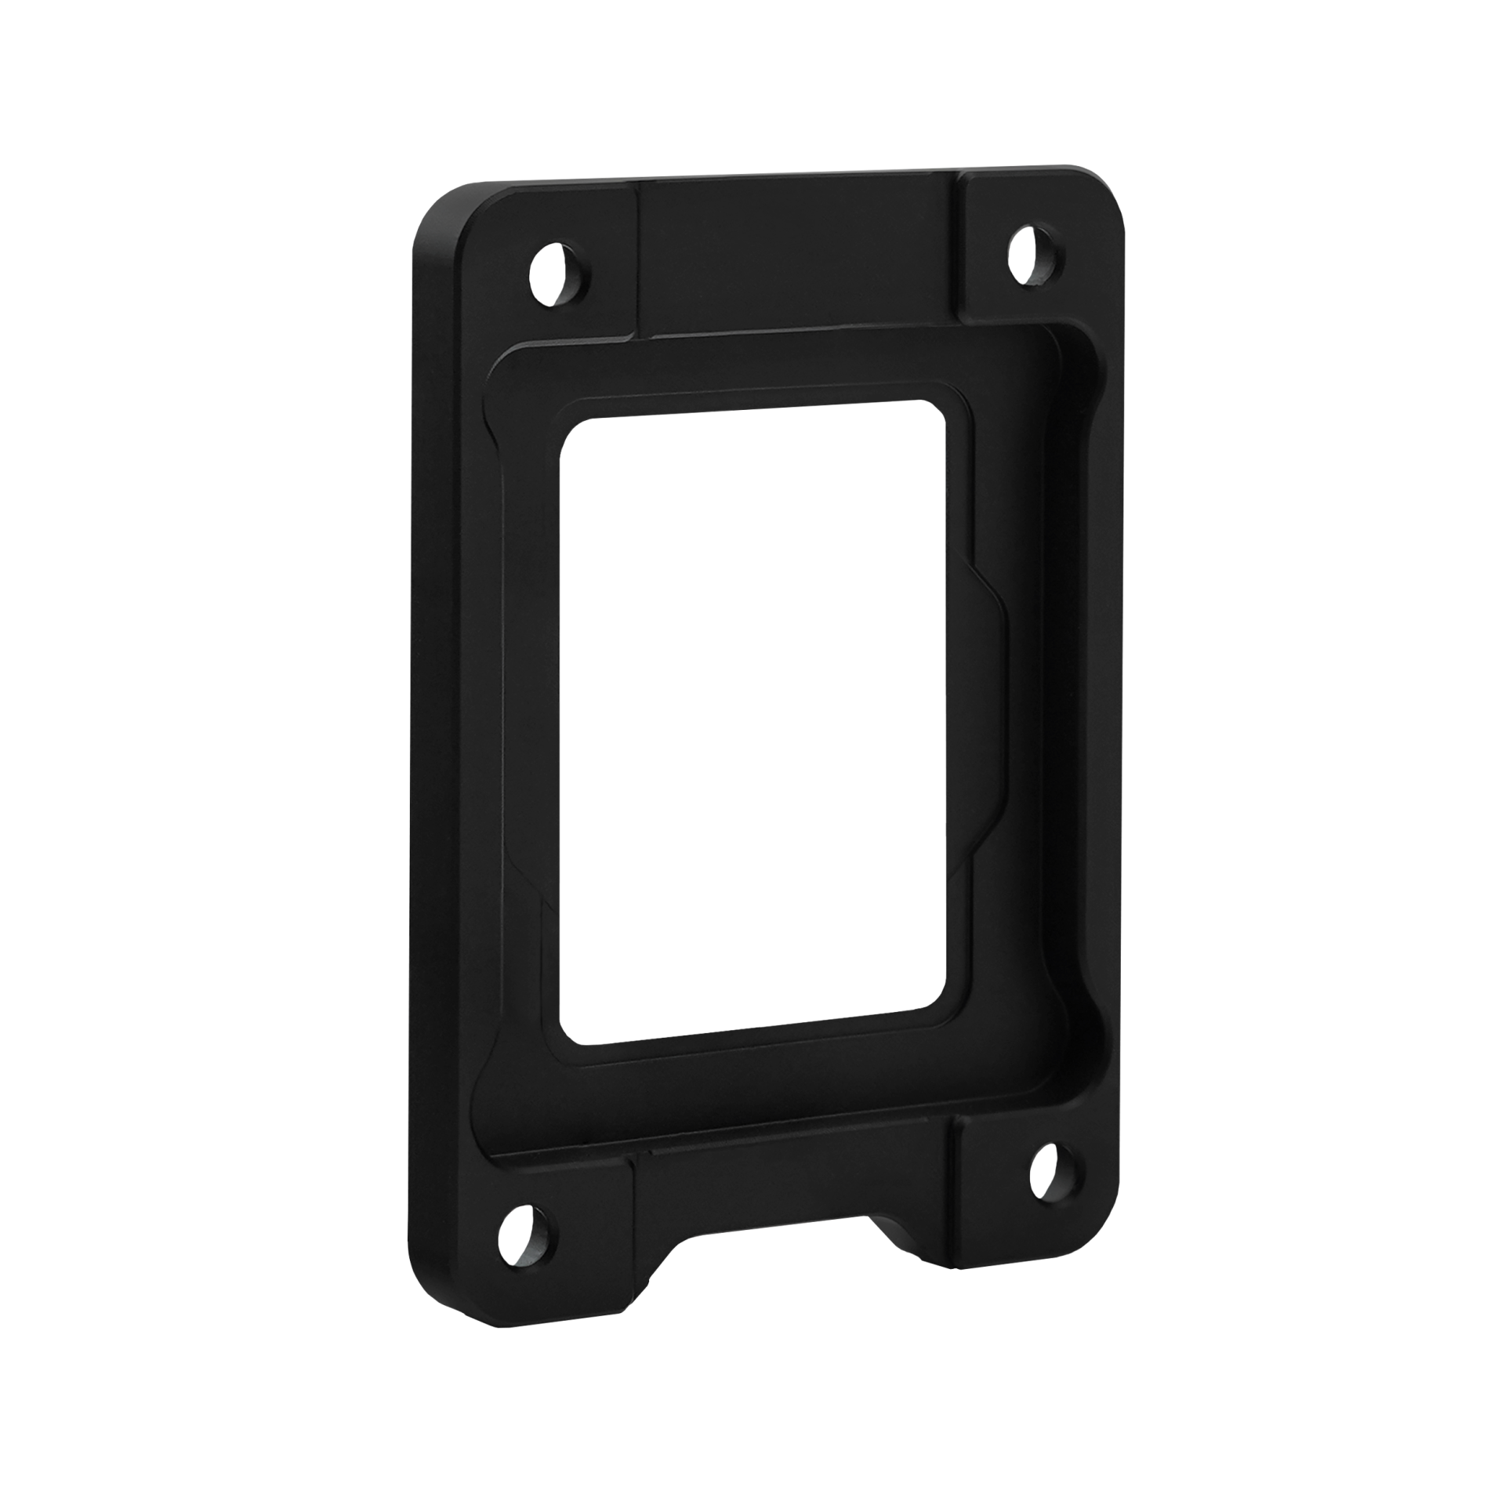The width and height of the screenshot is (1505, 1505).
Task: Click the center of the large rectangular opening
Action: click(x=756, y=725)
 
